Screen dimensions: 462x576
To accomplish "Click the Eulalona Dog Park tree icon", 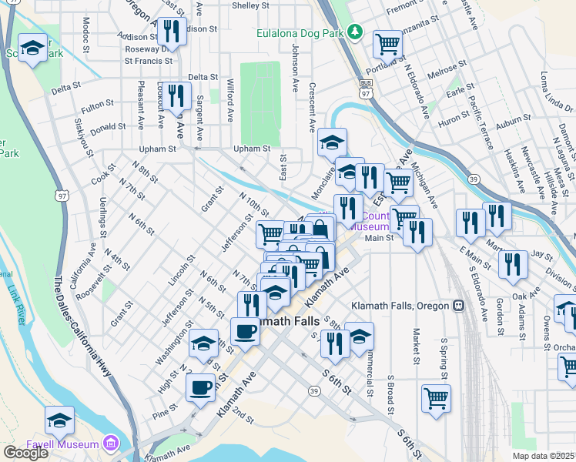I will tap(354, 32).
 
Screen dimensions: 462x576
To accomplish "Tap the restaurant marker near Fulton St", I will tap(177, 95).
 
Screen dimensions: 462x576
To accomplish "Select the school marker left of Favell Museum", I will tap(59, 420).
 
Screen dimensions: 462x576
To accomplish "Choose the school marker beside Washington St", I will tap(203, 343).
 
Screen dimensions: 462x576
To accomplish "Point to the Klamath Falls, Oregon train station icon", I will tap(458, 306).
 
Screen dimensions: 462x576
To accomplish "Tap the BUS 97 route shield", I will tap(367, 87).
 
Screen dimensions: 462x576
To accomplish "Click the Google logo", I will tap(25, 453).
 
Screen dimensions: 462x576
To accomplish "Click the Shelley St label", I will tap(250, 5).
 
